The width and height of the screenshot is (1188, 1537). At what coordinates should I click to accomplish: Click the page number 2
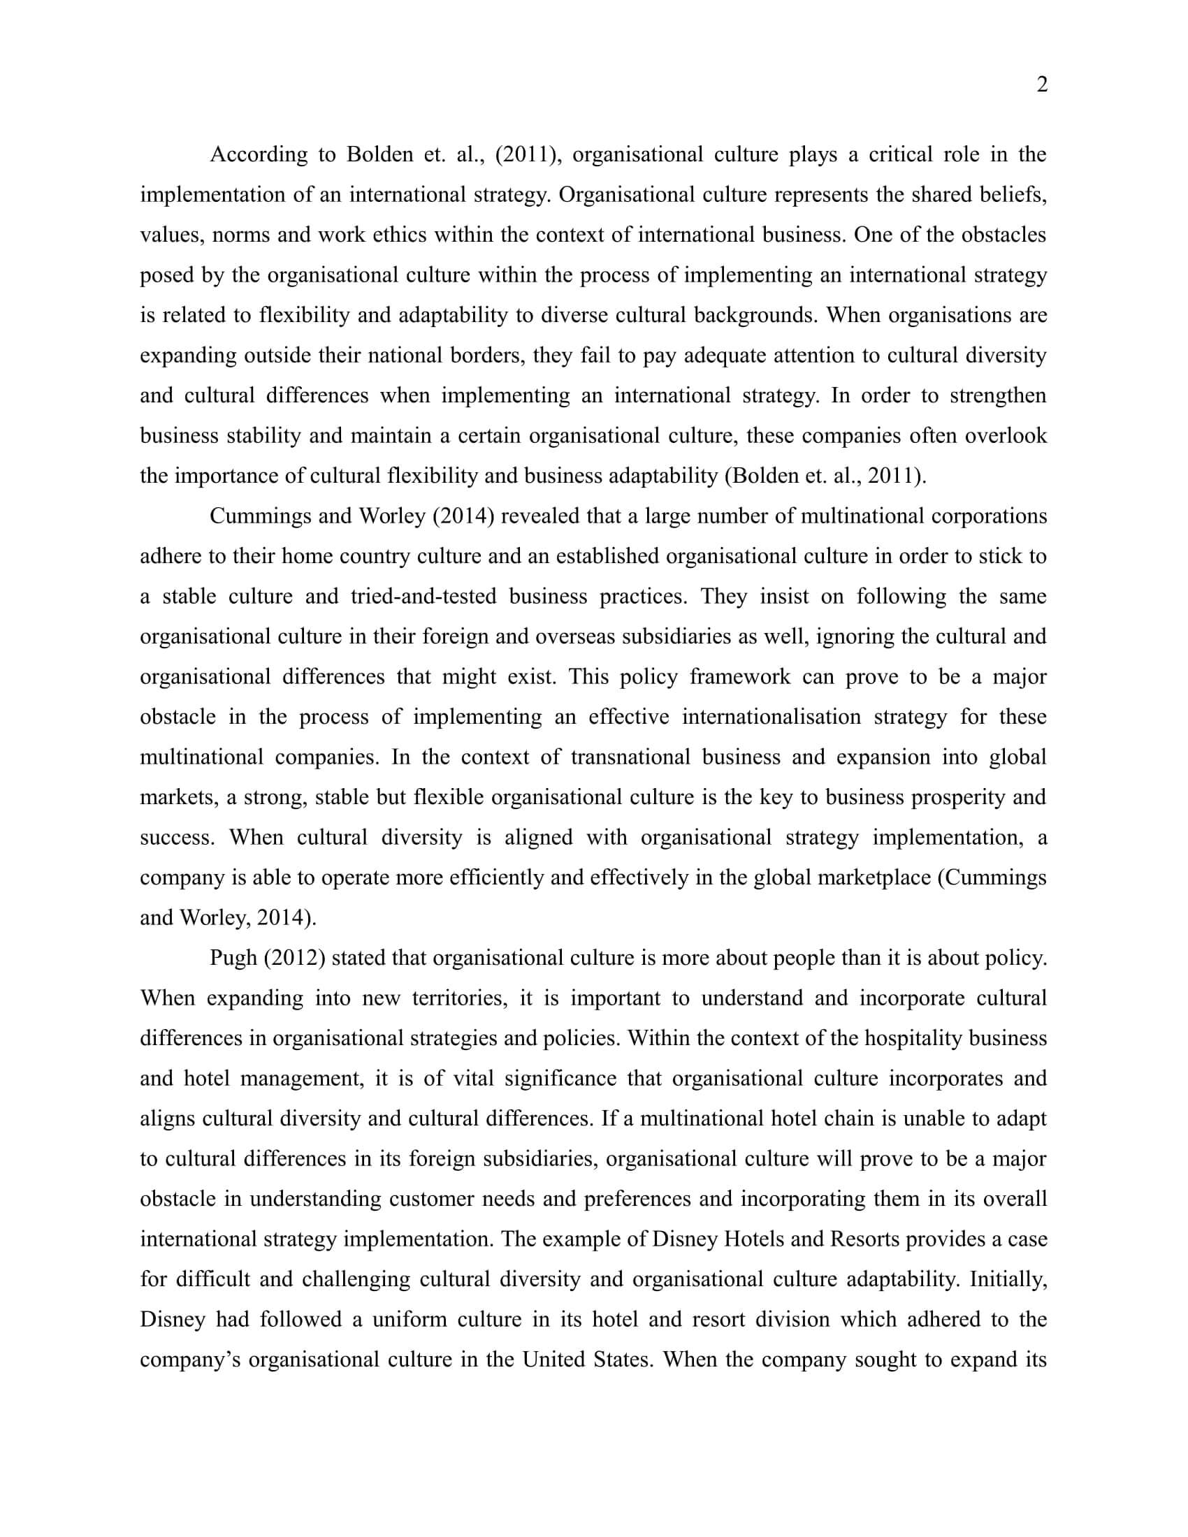[x=1043, y=85]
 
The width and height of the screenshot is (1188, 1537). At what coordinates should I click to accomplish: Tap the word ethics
[x=399, y=234]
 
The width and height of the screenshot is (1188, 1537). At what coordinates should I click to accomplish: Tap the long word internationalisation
[x=771, y=716]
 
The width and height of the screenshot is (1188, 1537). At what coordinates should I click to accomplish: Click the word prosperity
[x=959, y=796]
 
